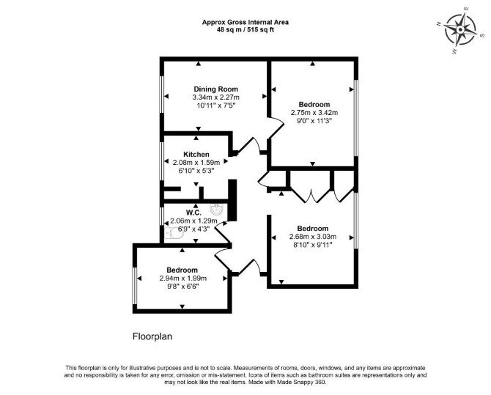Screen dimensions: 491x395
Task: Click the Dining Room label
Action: pos(215,89)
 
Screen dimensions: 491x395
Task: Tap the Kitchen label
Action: pos(196,155)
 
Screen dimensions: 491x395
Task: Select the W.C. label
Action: pos(193,213)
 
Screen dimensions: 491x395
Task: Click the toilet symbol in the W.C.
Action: pos(172,233)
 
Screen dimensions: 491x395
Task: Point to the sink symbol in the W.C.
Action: pos(216,209)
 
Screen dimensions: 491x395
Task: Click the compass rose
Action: pos(460,30)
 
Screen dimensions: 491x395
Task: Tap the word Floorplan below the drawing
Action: pos(152,336)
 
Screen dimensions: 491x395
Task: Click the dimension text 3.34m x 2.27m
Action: pos(215,97)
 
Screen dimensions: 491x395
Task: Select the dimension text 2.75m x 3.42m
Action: pos(314,113)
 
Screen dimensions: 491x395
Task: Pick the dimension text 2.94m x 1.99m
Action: pos(183,278)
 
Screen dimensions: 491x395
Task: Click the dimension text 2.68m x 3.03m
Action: pos(313,237)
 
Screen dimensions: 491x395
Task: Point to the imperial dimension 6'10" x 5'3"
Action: pos(196,171)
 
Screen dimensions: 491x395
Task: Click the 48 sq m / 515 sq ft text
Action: pos(245,30)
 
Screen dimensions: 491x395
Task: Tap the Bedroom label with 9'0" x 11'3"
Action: pos(314,104)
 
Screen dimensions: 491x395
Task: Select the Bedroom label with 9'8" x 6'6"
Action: pos(182,270)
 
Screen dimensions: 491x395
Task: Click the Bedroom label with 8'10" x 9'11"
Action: pos(313,229)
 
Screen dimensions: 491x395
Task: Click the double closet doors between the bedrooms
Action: pos(311,195)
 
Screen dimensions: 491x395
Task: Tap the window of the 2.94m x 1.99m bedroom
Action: pos(135,286)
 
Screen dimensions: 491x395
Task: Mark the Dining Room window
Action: pos(162,94)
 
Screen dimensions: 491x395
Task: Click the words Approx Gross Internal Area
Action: pos(245,22)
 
